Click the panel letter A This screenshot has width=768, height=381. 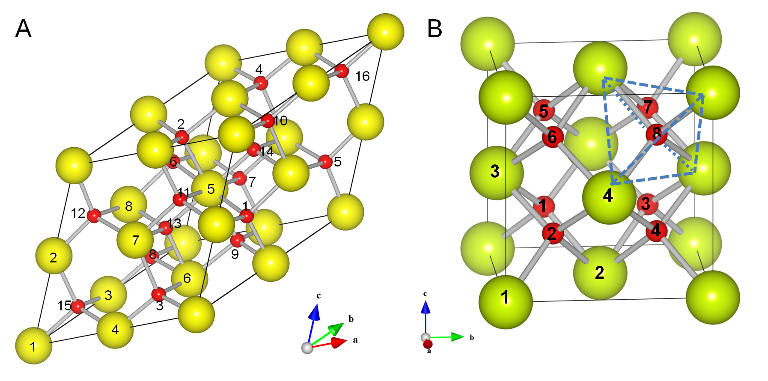tap(23, 29)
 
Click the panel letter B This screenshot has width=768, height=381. tap(435, 29)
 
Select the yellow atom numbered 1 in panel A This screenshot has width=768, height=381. tap(34, 345)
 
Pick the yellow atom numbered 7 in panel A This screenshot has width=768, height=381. tap(135, 240)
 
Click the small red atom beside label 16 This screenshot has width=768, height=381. tap(342, 71)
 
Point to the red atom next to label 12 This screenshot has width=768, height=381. tap(94, 216)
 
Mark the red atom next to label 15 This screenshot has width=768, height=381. tap(78, 307)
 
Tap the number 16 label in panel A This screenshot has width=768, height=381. tap(362, 76)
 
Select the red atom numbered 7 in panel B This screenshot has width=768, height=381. tap(647, 107)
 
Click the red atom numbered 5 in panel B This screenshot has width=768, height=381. tap(544, 110)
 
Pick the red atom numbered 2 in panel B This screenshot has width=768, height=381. tap(552, 233)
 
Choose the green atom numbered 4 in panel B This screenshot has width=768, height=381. tap(609, 196)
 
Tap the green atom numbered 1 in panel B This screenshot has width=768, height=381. tap(506, 302)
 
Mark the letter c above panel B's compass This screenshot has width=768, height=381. tap(425, 294)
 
